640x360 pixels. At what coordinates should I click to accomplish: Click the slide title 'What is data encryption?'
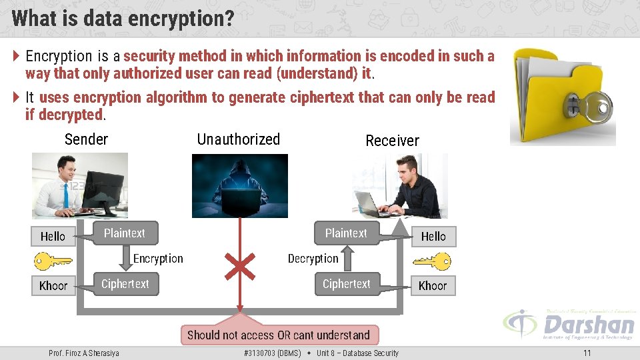tap(123, 18)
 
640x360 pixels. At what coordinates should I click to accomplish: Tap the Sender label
tap(86, 139)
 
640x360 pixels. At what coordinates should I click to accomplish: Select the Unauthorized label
tap(238, 139)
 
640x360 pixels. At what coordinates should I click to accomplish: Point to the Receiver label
tap(392, 141)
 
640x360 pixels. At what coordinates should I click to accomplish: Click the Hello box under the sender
tap(53, 236)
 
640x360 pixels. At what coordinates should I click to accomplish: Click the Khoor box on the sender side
tap(53, 285)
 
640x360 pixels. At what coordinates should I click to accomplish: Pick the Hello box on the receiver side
tap(433, 236)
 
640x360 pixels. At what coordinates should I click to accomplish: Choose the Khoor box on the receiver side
tap(433, 285)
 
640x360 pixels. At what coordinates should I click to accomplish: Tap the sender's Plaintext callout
tap(125, 233)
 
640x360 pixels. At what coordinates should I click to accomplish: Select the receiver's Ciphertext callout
tap(346, 284)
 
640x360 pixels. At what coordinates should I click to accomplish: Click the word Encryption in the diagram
tap(158, 259)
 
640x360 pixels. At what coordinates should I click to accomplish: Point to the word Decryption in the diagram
tap(313, 259)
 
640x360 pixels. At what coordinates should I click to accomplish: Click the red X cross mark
tap(240, 266)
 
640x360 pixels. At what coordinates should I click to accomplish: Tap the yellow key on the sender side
tap(52, 260)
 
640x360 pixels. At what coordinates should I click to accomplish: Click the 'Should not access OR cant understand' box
tap(278, 335)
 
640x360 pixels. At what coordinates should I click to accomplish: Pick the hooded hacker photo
tap(240, 186)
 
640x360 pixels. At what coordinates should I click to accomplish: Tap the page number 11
tap(587, 353)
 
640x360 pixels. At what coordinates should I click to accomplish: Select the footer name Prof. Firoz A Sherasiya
tap(84, 353)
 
